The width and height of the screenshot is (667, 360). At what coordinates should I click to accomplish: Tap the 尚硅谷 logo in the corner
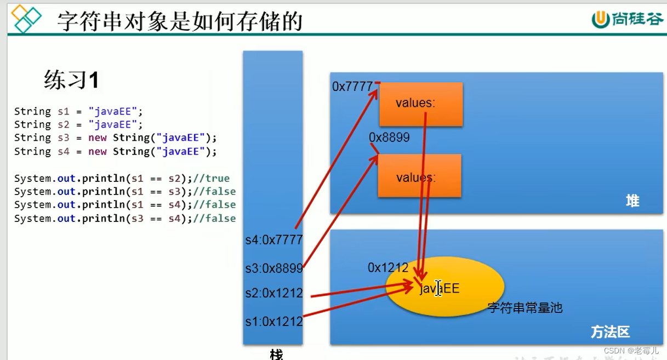627,19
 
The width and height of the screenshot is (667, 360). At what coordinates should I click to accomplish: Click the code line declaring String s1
78,111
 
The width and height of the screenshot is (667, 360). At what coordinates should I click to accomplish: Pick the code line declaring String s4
116,151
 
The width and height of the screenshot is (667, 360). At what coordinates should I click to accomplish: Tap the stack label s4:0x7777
274,239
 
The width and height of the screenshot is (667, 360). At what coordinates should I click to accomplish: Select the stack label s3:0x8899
274,268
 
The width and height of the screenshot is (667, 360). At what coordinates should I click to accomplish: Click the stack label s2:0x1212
274,293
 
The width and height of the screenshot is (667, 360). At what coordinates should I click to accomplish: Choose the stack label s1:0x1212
274,322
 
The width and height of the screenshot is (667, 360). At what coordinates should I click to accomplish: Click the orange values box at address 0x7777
420,104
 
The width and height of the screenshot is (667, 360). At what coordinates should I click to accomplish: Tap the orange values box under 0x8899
419,175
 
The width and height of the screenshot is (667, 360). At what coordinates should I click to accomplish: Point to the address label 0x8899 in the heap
389,138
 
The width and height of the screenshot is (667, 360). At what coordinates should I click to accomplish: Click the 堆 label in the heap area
632,201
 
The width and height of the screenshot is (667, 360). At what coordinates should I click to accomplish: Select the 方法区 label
610,332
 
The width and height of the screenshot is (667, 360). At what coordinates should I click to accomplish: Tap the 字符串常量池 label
525,307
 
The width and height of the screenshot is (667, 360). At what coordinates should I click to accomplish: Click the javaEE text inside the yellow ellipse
440,288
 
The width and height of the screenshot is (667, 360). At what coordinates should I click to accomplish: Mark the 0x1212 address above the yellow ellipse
388,267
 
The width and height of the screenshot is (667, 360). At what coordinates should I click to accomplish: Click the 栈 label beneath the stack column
276,354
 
